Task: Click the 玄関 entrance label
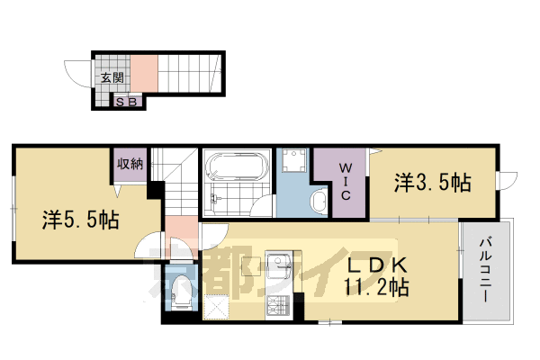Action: pos(112,78)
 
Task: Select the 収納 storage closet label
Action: pos(129,164)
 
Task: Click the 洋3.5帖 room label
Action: pos(432,184)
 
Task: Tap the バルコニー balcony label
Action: pos(485,270)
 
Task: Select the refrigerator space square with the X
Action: pos(219,307)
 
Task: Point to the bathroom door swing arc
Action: pos(262,206)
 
